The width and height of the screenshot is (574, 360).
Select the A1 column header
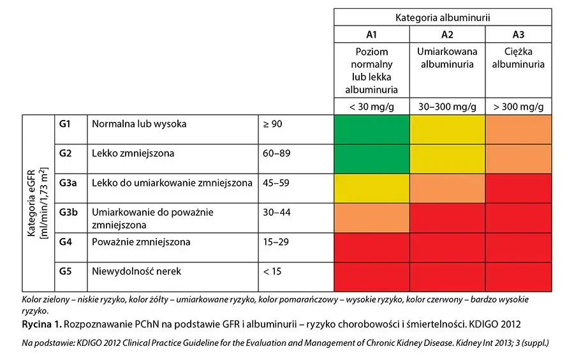[372, 34]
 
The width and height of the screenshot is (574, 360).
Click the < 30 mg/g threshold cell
[372, 107]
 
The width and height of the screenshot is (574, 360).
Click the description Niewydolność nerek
[136, 272]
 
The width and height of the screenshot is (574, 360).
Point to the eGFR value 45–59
[276, 183]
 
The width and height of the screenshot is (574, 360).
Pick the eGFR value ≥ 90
[272, 124]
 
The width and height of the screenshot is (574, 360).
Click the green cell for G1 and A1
[372, 130]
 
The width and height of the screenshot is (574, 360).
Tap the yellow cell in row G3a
[372, 188]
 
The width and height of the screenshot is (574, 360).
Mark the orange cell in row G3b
[372, 218]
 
